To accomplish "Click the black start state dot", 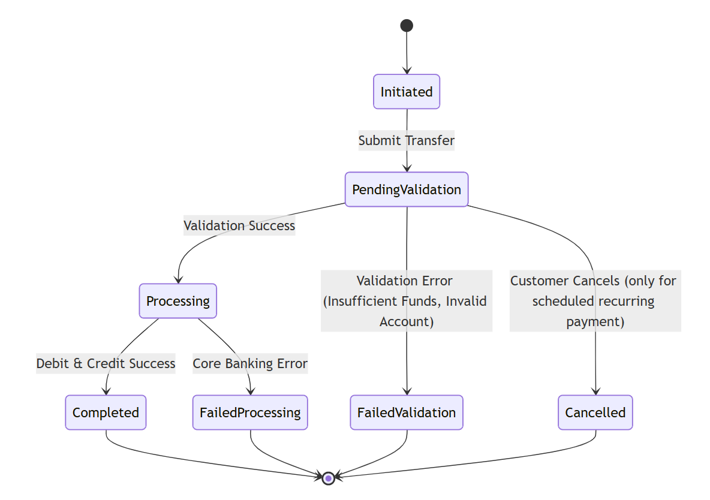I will pos(407,25).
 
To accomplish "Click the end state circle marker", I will pos(328,478).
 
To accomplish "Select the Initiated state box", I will pos(407,92).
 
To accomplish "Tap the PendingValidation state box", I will pos(407,189).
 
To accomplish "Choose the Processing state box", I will pos(178,301).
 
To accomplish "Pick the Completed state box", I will pos(106,412).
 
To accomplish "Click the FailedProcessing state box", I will pos(250,412).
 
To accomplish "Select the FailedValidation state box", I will pos(407,412).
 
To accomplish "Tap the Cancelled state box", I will pos(595,412).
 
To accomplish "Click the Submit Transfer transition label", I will pos(407,141).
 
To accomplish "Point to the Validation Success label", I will pos(239,225).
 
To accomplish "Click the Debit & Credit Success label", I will pos(106,363).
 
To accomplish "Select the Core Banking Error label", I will pos(250,363).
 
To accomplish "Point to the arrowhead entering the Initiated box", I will pos(407,71).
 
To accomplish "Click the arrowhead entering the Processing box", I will pos(178,279).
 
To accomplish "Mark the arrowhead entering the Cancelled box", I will pos(595,391).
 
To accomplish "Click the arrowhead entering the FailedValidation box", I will pos(407,391).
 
